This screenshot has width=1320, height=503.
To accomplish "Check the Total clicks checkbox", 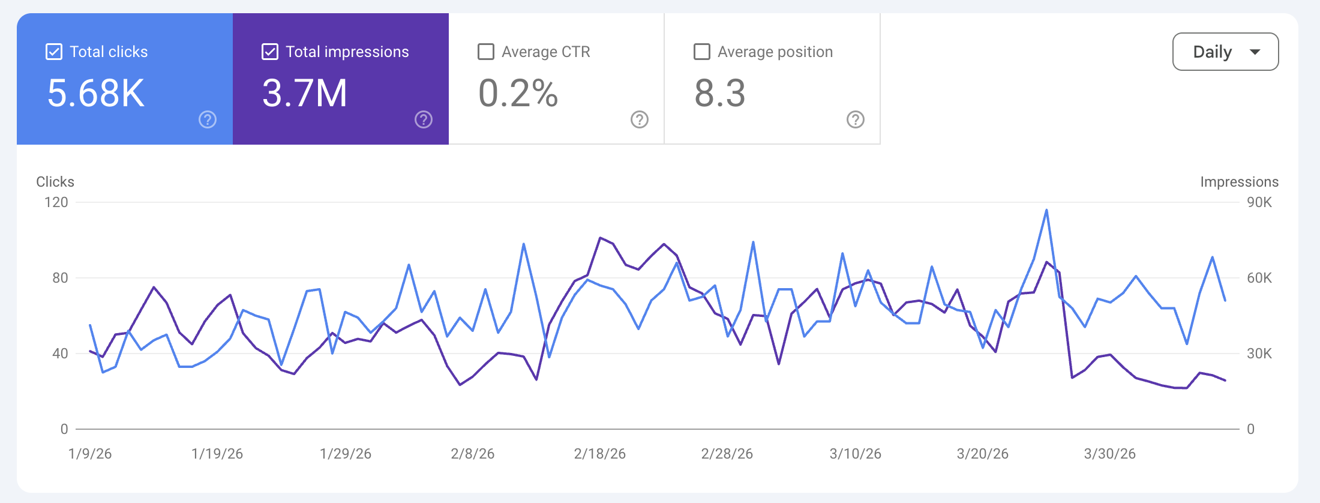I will point(54,52).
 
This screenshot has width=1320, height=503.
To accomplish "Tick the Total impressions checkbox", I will point(270,52).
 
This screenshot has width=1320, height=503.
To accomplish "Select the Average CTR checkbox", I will point(486,52).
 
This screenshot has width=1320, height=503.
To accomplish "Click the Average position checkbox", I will point(702,52).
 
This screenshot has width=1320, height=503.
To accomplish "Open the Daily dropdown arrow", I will point(1255,52).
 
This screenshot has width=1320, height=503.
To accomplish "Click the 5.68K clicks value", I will point(96,94).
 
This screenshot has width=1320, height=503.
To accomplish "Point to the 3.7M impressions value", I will point(305,94).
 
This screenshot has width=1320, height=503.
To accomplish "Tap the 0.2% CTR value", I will point(518,94).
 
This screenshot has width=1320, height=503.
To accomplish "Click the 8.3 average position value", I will point(720,94).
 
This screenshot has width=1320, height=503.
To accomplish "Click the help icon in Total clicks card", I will point(208,119).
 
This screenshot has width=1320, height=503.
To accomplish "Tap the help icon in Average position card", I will point(856,119).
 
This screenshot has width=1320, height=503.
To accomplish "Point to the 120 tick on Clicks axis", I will point(56,202).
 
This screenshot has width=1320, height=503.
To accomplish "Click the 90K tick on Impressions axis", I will point(1259,202).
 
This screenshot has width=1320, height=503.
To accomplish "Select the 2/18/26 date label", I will point(600,454).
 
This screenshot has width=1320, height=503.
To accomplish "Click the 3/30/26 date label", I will point(1110,454).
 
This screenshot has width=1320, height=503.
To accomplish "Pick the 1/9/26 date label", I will point(90,454).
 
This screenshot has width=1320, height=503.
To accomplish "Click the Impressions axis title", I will point(1239,182).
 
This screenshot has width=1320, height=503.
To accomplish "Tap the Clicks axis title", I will point(55,182).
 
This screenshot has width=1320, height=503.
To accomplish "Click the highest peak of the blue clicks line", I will point(1046,210).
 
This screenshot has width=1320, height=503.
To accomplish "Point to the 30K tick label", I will point(1259,354).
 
